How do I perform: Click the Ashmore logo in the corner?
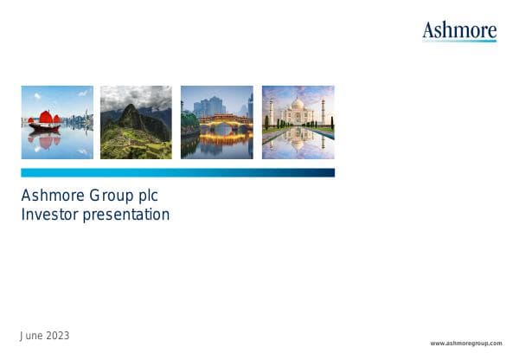(459, 30)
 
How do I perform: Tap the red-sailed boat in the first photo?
(45, 120)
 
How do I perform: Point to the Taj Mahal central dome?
(298, 104)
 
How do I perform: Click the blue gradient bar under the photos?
(177, 173)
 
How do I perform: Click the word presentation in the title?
(126, 215)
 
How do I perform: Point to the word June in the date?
(31, 336)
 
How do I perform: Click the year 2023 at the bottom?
(57, 336)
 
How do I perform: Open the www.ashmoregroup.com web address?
(465, 344)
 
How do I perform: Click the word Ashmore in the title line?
(48, 196)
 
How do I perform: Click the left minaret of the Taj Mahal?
(271, 112)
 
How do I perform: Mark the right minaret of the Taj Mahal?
(324, 112)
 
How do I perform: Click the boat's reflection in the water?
(44, 139)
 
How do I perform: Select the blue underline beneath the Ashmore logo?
(459, 41)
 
